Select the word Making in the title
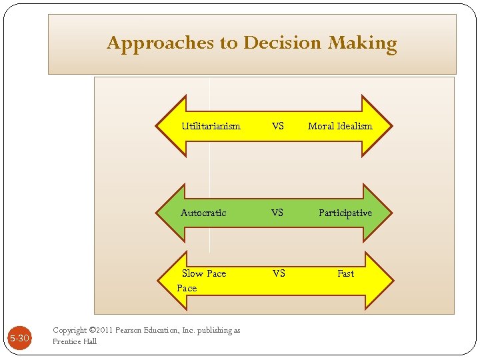click(363, 43)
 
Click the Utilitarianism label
click(211, 126)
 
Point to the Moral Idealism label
click(340, 126)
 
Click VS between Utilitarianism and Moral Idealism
click(278, 126)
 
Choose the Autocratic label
click(203, 213)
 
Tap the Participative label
click(345, 213)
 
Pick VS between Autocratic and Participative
click(277, 213)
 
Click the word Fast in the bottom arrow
click(346, 273)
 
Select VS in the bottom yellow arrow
click(279, 273)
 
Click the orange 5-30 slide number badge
click(19, 338)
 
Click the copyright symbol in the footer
click(93, 331)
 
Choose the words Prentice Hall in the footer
click(75, 341)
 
